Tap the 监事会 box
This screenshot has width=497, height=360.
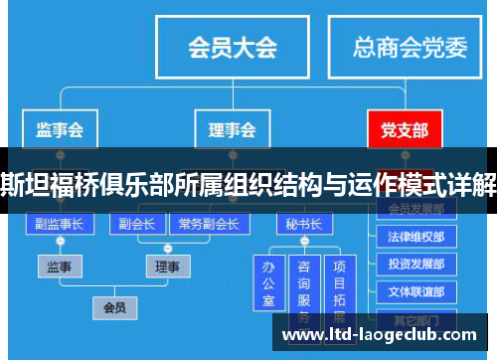pyautogui.click(x=59, y=128)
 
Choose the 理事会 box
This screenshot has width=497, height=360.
pyautogui.click(x=231, y=128)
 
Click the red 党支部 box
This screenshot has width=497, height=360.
pyautogui.click(x=404, y=128)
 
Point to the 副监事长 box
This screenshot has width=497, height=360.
pyautogui.click(x=60, y=224)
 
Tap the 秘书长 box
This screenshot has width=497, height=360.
pyautogui.click(x=302, y=224)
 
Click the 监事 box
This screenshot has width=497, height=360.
pyautogui.click(x=60, y=266)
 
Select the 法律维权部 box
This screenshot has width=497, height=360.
pyautogui.click(x=416, y=238)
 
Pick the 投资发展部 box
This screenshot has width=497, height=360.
pyautogui.click(x=416, y=265)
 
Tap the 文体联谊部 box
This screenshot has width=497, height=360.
pyautogui.click(x=416, y=291)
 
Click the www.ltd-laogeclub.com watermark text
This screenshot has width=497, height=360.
pyautogui.click(x=382, y=335)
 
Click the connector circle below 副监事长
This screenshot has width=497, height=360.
pyautogui.click(x=60, y=242)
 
